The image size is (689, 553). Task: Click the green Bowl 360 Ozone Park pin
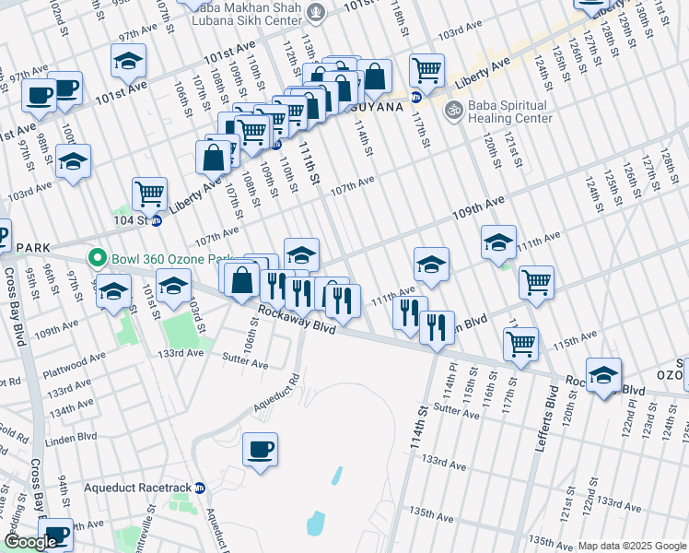click(93, 257)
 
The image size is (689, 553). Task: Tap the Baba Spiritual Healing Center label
click(509, 112)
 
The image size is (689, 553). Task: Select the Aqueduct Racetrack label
click(136, 488)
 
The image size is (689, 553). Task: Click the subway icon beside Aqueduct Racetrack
click(199, 488)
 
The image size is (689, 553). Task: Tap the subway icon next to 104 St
click(156, 221)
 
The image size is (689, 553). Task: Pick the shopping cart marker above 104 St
click(149, 194)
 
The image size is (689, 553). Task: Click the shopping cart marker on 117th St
click(426, 69)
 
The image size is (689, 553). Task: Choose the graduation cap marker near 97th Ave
click(128, 61)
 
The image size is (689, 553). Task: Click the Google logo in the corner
click(30, 542)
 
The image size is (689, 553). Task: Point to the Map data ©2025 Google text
click(632, 546)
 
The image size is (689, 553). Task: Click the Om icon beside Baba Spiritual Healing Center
click(452, 111)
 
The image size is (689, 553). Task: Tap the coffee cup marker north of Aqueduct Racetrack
click(259, 450)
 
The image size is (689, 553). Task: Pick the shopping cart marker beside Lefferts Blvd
click(520, 344)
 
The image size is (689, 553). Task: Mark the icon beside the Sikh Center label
click(317, 12)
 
